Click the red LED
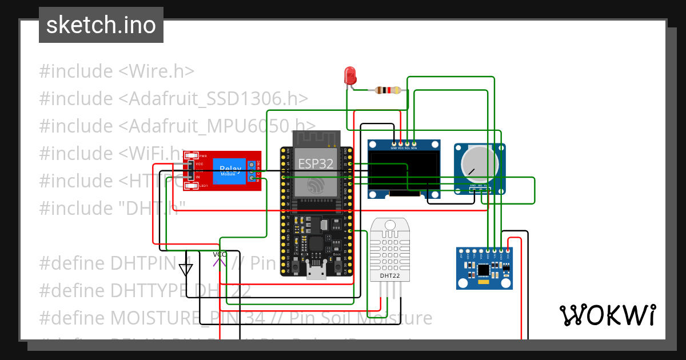pyautogui.click(x=350, y=75)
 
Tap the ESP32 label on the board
pyautogui.click(x=315, y=163)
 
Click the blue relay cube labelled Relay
pyautogui.click(x=230, y=171)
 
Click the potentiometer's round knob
pyautogui.click(x=479, y=160)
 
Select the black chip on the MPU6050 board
pyautogui.click(x=484, y=269)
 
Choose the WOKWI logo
pyautogui.click(x=607, y=315)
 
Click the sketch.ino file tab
pyautogui.click(x=101, y=25)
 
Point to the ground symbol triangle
pyautogui.click(x=186, y=269)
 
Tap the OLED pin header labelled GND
pyautogui.click(x=394, y=142)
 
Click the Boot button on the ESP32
pyautogui.click(x=338, y=266)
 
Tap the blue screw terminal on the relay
pyautogui.click(x=252, y=171)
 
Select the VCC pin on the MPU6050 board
pyautogui.click(x=508, y=250)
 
